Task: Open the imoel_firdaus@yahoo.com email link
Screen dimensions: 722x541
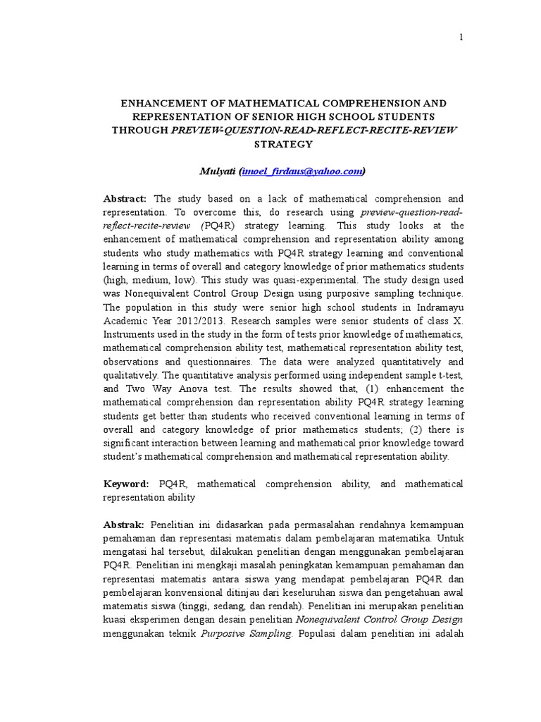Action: click(x=303, y=171)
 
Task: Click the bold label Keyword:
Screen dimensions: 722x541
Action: click(x=126, y=484)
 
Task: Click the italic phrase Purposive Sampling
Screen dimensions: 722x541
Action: click(x=247, y=633)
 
